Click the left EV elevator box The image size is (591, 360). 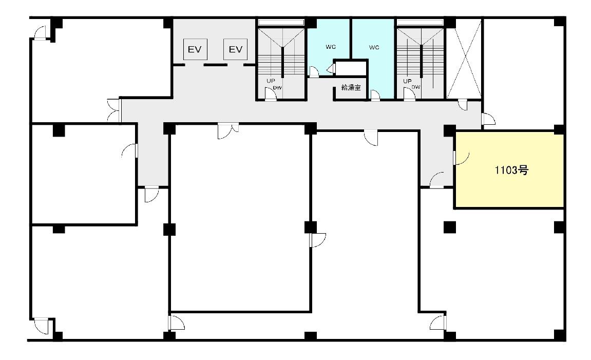pos(195,49)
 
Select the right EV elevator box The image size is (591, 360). pos(235,49)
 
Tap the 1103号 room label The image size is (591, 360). pos(511,170)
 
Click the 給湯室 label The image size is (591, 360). pos(351,88)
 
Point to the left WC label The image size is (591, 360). pos(331,47)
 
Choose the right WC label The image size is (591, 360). pos(374,47)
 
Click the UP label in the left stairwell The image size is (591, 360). pos(271,81)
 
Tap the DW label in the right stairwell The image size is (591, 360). pos(416,87)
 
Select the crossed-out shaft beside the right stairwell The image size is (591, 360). pos(464,59)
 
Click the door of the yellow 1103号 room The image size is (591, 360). pos(461,158)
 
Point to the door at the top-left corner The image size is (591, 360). pos(41,33)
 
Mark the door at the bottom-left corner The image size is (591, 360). pos(42,326)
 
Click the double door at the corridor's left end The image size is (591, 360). pos(114,110)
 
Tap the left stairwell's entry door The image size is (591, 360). pos(271,94)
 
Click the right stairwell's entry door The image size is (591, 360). pos(409,94)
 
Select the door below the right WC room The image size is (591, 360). pos(375,96)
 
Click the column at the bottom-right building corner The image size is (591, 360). pos(560,335)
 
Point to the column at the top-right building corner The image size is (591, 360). pos(560,22)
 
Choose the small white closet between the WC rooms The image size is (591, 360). pos(351,68)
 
